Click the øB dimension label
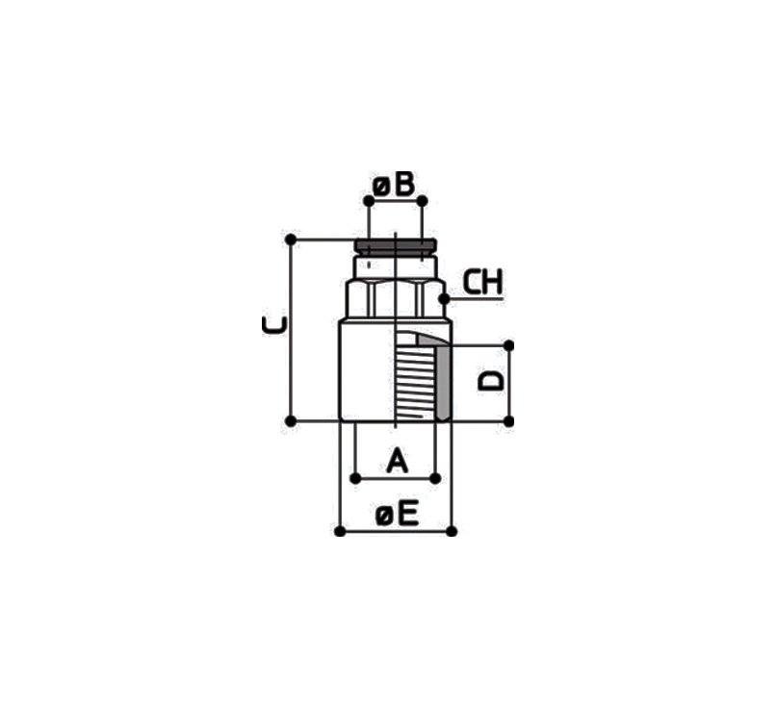pos(394,185)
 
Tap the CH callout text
pos(482,282)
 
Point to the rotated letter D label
pos(490,381)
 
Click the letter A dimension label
pos(397,461)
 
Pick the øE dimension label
pos(397,513)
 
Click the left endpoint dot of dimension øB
pos(369,201)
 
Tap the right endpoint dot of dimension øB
pos(422,201)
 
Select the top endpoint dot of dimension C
pos(291,240)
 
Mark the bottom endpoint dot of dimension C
pos(291,421)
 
